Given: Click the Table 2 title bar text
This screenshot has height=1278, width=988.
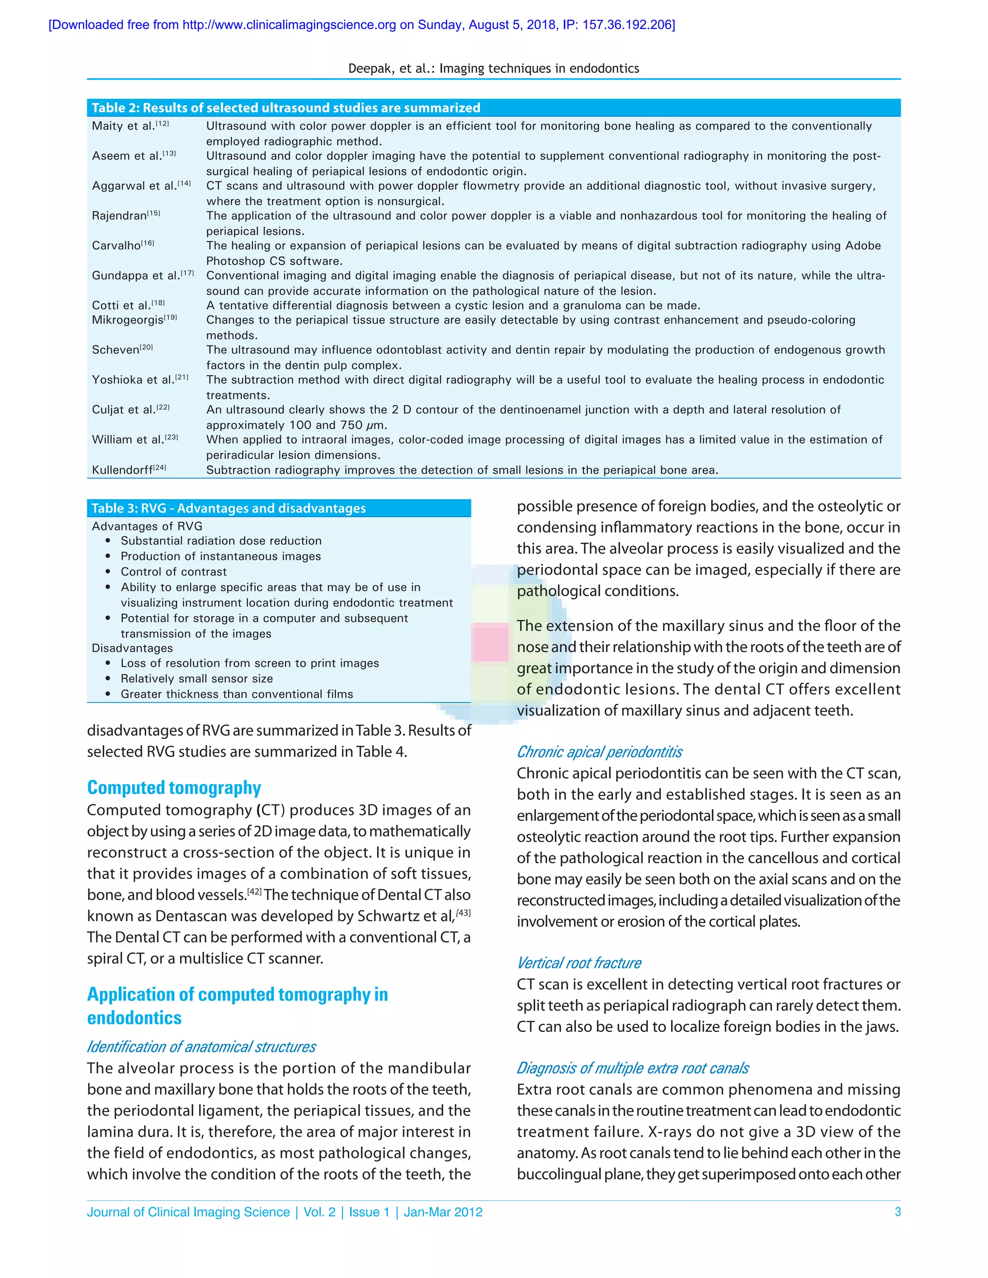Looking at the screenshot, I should point(286,108).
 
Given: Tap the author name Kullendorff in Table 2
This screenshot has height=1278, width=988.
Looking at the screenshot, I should point(122,470).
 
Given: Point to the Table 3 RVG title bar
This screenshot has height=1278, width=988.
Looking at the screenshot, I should point(228,508).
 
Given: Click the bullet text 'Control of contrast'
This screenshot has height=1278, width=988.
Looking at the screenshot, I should point(173,571).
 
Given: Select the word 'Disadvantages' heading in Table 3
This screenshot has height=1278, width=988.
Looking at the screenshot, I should point(132,648).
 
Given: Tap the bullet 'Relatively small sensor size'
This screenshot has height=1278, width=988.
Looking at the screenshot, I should point(197,679).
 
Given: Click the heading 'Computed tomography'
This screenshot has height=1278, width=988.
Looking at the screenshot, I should point(174,788).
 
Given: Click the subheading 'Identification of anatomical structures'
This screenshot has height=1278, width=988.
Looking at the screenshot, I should point(201,1047).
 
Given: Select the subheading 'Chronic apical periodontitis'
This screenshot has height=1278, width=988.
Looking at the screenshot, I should point(599,752).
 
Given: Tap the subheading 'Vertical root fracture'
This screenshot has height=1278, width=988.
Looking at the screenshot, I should point(579,963).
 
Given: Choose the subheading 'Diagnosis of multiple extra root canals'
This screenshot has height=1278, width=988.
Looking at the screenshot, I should point(632,1069).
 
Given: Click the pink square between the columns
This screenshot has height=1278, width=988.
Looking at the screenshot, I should point(490,642).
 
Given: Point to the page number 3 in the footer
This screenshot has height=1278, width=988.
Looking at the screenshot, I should point(897,1212).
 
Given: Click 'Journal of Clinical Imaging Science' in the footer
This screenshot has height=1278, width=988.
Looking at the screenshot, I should point(189,1212).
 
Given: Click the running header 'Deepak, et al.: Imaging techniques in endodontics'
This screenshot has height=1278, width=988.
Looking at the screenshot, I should point(494,68).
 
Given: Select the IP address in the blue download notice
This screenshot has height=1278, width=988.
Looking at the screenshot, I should point(628,25).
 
